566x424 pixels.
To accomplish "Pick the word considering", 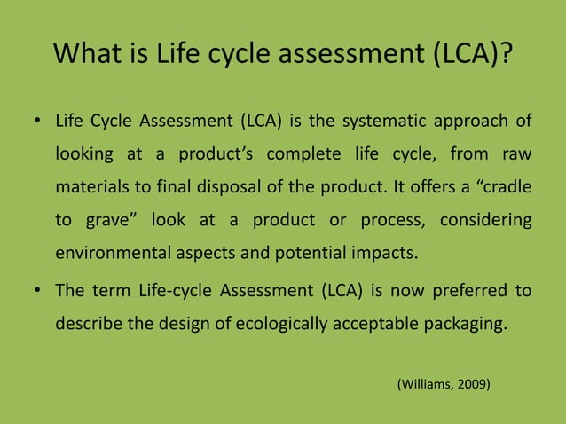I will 486,219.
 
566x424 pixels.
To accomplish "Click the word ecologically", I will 282,323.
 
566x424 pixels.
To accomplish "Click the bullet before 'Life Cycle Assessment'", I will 39,122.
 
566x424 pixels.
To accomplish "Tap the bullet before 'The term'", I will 39,291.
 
